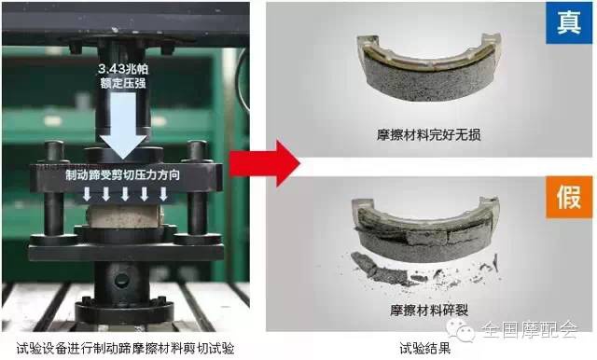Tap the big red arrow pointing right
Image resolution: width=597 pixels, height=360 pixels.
coord(275,164)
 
